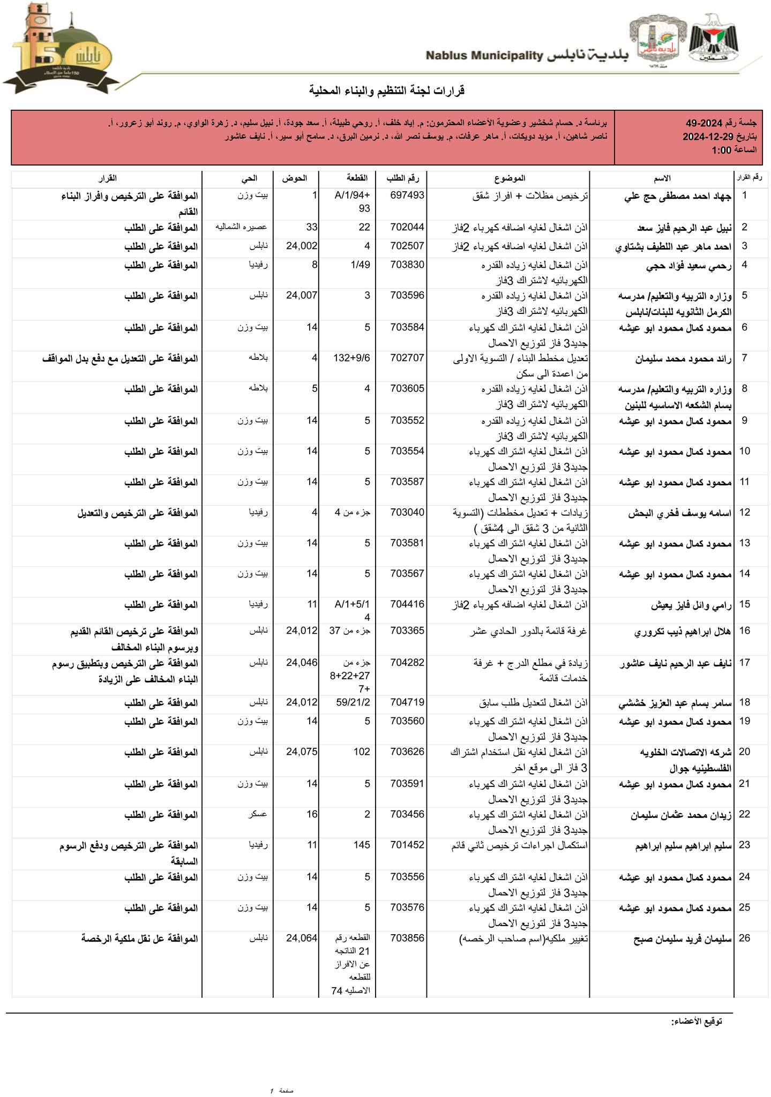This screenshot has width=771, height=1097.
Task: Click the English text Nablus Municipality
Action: point(485,56)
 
